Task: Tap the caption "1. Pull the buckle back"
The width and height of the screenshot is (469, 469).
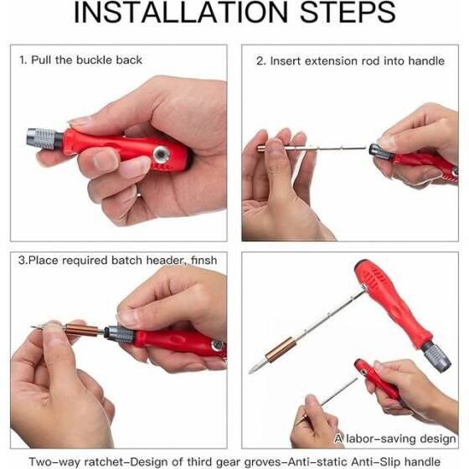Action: point(80,60)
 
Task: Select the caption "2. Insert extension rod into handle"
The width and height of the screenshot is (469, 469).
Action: point(356,60)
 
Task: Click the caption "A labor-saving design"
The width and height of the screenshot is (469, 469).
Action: point(395,438)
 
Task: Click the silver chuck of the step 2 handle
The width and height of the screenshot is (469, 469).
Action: point(381,152)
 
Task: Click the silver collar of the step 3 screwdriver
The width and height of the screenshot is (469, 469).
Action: point(118,335)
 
